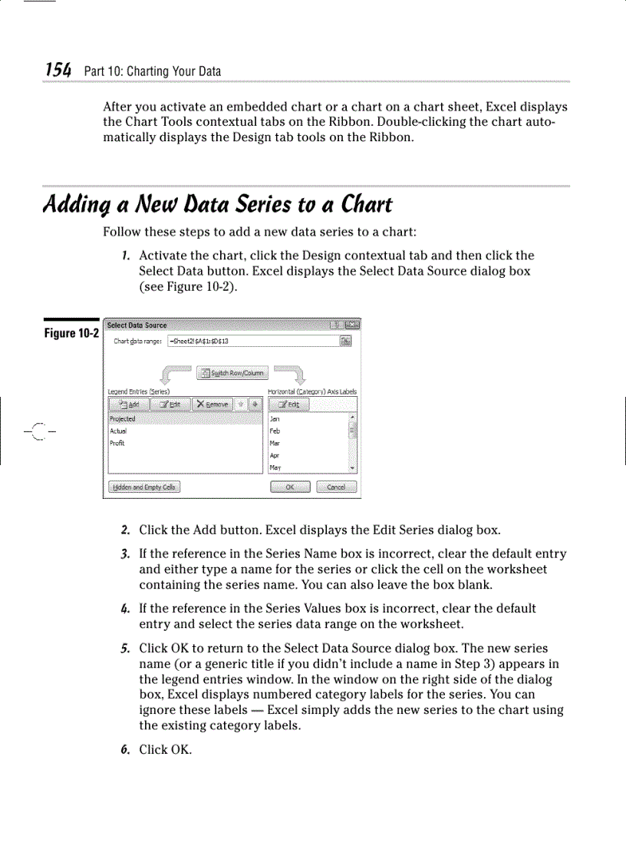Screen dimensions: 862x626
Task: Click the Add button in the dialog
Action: point(129,404)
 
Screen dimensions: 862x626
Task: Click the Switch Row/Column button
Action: point(232,373)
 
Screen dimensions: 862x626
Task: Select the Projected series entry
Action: point(122,419)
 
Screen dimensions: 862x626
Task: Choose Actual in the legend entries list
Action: point(117,431)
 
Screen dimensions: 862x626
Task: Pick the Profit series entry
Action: point(117,443)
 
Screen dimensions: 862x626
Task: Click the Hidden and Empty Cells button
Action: point(144,487)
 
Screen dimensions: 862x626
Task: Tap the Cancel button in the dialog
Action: point(336,487)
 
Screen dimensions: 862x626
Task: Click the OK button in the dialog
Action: point(290,487)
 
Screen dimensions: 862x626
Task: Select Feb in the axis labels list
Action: point(275,431)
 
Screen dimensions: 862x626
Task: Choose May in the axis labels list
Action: point(275,467)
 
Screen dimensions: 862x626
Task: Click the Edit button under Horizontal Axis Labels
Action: point(290,404)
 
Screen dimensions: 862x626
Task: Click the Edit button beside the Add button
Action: point(170,404)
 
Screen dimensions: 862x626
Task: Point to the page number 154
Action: point(58,71)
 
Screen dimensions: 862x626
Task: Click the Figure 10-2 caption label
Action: point(71,332)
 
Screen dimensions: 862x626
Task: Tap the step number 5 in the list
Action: point(124,649)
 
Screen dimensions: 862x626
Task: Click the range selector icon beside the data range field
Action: point(347,342)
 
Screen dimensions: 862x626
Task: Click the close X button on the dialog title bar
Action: point(352,325)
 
